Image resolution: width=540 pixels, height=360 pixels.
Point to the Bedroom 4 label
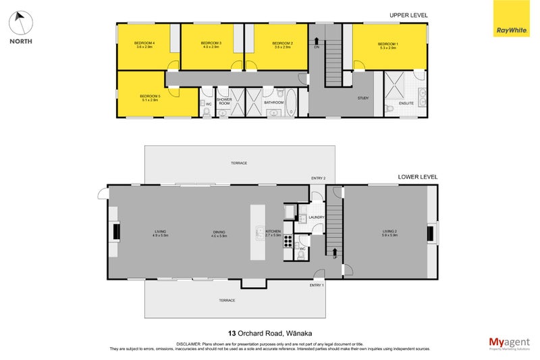[x=145, y=45]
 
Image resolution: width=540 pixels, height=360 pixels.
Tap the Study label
[x=363, y=99]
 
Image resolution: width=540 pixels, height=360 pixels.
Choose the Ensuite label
[x=406, y=103]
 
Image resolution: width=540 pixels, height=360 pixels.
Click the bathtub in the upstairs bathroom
[x=292, y=103]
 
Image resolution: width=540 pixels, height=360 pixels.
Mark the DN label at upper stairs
[x=316, y=47]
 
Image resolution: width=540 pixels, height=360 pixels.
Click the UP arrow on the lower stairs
[x=335, y=252]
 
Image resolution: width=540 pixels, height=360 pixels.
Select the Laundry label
[x=317, y=217]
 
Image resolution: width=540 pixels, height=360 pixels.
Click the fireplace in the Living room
[x=115, y=232]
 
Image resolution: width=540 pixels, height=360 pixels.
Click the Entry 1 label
[x=317, y=286]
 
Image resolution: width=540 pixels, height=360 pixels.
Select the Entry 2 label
[x=318, y=178]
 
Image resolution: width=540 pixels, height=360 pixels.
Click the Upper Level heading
[x=408, y=15]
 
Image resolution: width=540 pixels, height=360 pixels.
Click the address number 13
[x=232, y=333]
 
